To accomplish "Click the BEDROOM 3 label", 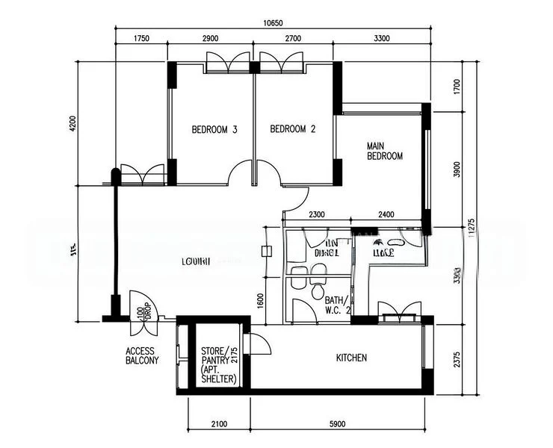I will click(214, 130).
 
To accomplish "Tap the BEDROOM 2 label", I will click(292, 130).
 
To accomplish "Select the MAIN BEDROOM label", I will click(384, 151).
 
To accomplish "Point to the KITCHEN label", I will click(351, 358).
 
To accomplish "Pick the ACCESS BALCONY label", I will click(142, 355).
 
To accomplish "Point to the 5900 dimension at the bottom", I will click(337, 425).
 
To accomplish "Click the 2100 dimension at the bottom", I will click(218, 425).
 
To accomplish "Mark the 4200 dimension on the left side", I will click(73, 123).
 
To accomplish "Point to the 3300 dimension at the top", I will click(381, 38).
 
